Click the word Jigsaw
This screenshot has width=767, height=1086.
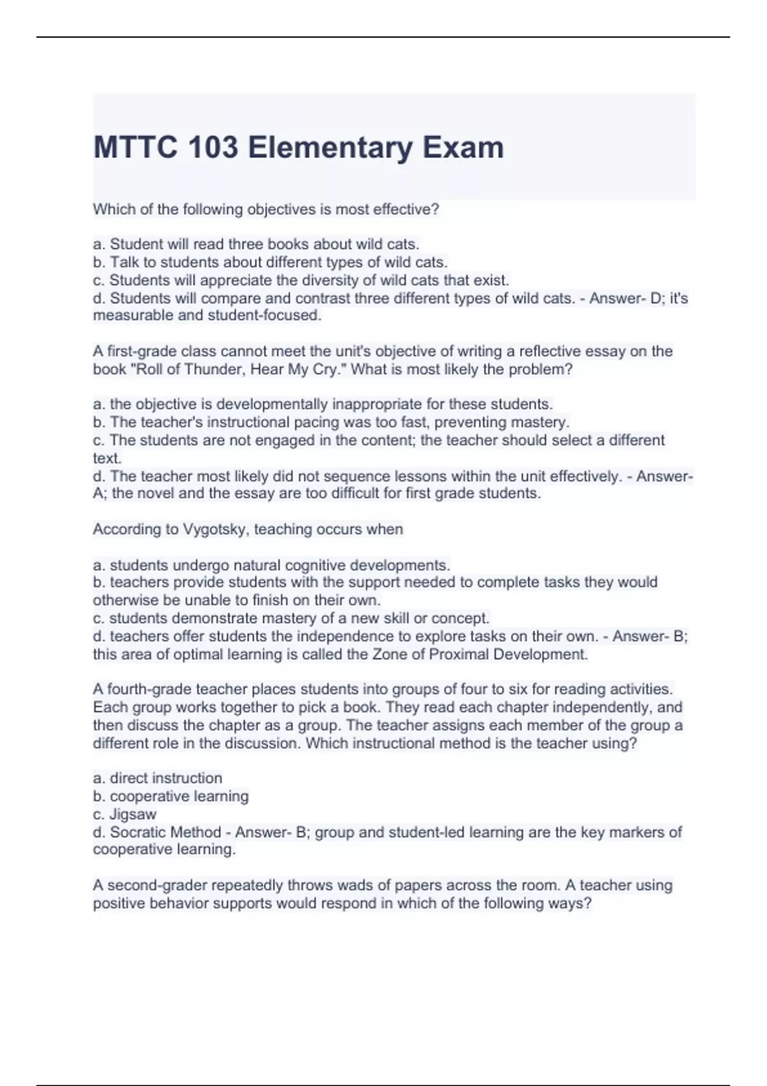coord(134,814)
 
